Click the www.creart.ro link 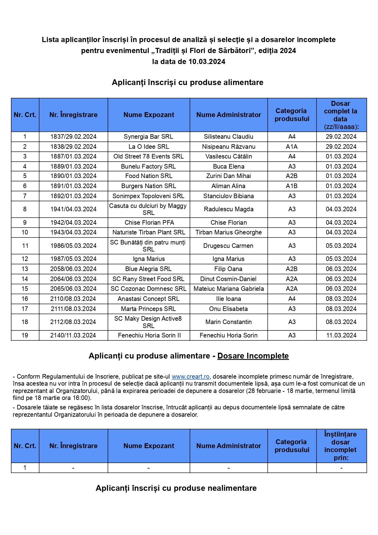point(191,376)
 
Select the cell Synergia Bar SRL point(148,137)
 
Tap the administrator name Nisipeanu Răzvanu point(229,147)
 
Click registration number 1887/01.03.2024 point(73,156)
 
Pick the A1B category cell point(292,186)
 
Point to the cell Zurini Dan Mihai point(229,176)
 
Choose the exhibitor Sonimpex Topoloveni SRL point(148,196)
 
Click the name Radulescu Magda point(229,209)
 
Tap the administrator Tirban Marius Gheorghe point(229,232)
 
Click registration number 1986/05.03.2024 point(73,246)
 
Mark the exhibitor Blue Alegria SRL point(148,269)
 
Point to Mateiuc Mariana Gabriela point(229,289)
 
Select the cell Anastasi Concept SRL point(148,299)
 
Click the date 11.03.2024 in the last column point(341,335)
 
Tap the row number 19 point(25,335)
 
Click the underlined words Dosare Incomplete point(253,356)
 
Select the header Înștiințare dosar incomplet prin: point(341,446)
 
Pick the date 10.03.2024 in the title point(207,62)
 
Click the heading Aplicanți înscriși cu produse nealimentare point(176,488)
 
